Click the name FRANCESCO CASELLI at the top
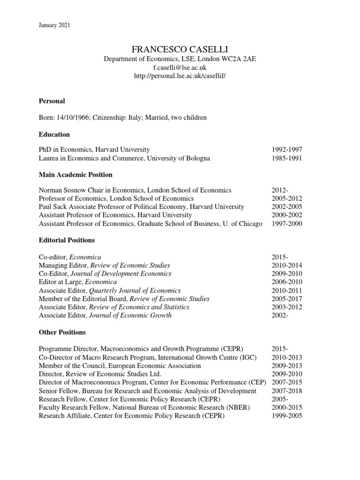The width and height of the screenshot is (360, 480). [x=180, y=49]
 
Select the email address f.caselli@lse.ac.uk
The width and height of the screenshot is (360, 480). [x=180, y=67]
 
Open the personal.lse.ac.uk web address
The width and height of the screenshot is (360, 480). [x=180, y=76]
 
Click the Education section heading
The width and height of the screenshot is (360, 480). [x=54, y=135]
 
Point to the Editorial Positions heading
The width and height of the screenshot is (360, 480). [x=67, y=240]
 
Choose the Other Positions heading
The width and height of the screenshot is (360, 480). [x=62, y=332]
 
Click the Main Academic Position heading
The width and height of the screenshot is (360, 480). [x=75, y=175]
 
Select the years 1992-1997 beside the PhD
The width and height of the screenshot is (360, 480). [x=287, y=150]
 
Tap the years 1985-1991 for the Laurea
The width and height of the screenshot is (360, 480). [x=287, y=158]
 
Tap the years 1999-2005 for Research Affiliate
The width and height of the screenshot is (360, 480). [x=287, y=416]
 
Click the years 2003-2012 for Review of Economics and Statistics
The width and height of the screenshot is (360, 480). [x=287, y=307]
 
